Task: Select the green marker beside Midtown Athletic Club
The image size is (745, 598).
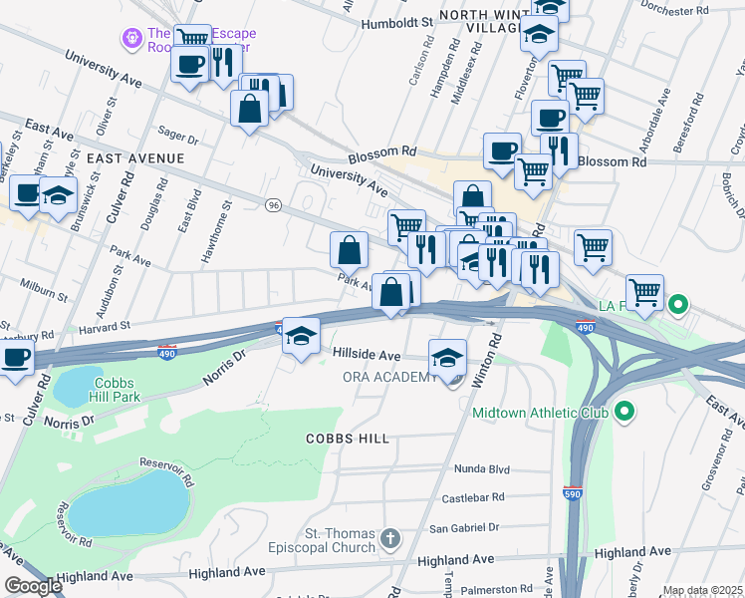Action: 624,410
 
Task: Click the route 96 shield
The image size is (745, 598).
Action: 273,204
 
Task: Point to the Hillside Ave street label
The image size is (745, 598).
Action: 366,355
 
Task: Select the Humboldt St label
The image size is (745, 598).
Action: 397,22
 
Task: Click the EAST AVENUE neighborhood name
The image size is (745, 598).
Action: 134,158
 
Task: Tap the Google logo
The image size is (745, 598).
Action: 32,586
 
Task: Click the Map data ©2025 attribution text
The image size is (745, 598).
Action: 702,590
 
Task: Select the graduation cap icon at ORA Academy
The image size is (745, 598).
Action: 447,357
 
